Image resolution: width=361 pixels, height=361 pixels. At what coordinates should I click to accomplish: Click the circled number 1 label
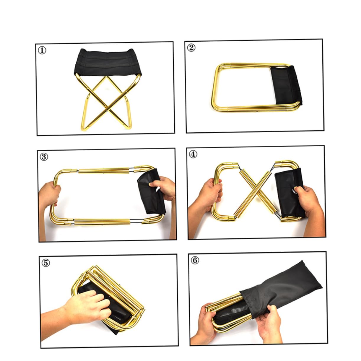(x=42, y=50)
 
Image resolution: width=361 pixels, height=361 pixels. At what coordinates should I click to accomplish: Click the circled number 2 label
(x=191, y=48)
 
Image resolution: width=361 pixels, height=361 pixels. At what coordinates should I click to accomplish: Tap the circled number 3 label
(x=44, y=157)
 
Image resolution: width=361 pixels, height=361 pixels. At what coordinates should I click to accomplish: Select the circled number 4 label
(x=193, y=154)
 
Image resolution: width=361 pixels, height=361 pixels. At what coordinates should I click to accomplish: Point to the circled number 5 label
(x=46, y=263)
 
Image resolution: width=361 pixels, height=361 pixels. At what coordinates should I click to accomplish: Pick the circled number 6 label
(x=195, y=261)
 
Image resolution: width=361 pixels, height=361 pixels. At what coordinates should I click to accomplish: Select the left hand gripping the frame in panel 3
(x=49, y=193)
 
